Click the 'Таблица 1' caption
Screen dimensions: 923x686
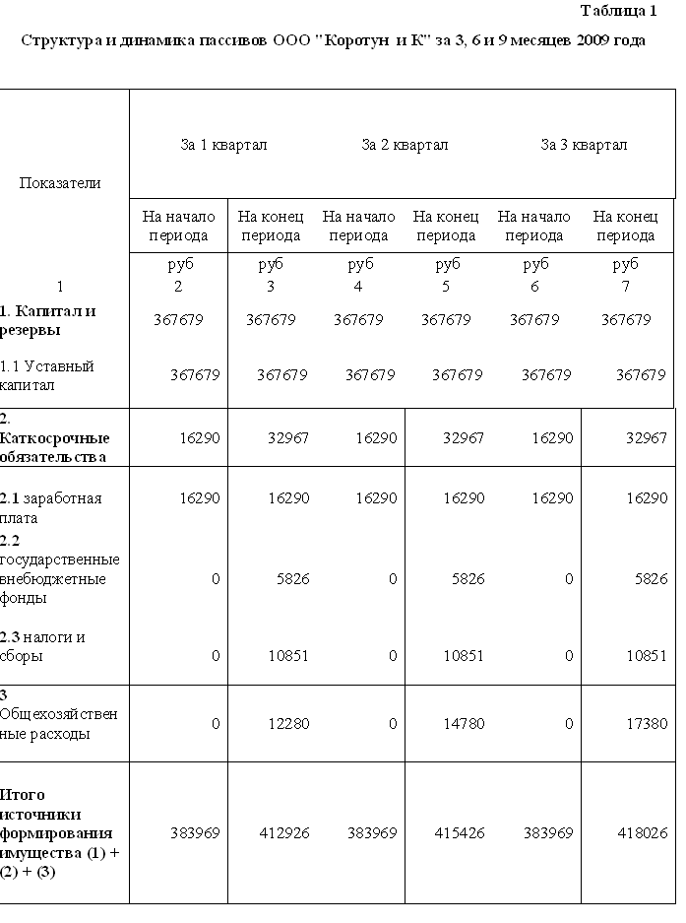(x=618, y=12)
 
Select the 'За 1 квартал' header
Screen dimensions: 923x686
(x=223, y=145)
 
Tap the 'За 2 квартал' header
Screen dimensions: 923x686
(x=405, y=145)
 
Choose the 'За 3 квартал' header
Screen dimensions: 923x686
(x=584, y=145)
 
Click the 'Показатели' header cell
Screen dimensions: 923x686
(x=60, y=182)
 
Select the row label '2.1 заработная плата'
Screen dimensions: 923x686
(x=50, y=507)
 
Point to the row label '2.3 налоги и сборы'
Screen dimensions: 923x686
(x=42, y=646)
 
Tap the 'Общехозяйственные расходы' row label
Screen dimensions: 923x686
(x=59, y=723)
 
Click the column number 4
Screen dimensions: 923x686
(x=358, y=287)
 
